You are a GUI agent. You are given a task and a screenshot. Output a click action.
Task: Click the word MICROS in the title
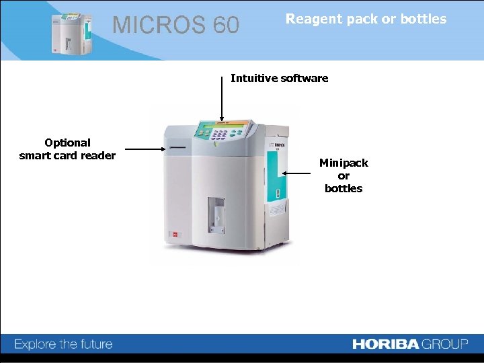(x=159, y=26)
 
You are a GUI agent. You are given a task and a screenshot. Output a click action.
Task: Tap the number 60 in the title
(x=225, y=26)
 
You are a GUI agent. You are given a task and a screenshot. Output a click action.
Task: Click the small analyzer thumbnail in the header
(x=71, y=32)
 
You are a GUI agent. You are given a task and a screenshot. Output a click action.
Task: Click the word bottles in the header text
(x=423, y=19)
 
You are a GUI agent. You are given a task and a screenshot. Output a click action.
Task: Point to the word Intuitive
(x=255, y=78)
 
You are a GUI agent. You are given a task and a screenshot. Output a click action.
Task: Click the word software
(x=305, y=78)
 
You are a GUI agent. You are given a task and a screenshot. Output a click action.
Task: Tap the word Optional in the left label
(x=67, y=143)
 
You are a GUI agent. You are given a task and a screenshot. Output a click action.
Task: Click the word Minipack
(x=344, y=163)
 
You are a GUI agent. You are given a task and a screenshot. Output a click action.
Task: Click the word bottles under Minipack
(x=344, y=188)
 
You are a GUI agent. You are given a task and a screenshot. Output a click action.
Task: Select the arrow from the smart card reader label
(x=145, y=150)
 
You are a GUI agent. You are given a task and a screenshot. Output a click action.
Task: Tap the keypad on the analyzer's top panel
(x=219, y=134)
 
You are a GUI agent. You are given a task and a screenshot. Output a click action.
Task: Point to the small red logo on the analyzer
(x=175, y=235)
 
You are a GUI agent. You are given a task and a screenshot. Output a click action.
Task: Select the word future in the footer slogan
(x=93, y=344)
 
